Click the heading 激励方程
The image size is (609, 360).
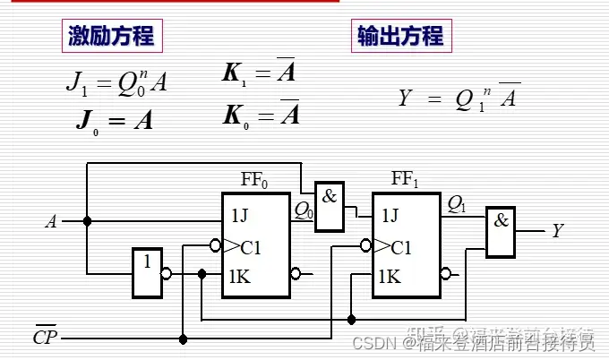click(111, 36)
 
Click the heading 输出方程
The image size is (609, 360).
click(400, 36)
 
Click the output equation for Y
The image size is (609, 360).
click(459, 98)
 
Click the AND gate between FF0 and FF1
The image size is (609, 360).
click(329, 205)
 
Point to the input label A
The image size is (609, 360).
click(51, 221)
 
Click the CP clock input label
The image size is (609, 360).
click(44, 339)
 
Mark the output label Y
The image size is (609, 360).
click(557, 231)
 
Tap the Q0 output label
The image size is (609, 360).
click(304, 211)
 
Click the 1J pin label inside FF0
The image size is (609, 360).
click(240, 215)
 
